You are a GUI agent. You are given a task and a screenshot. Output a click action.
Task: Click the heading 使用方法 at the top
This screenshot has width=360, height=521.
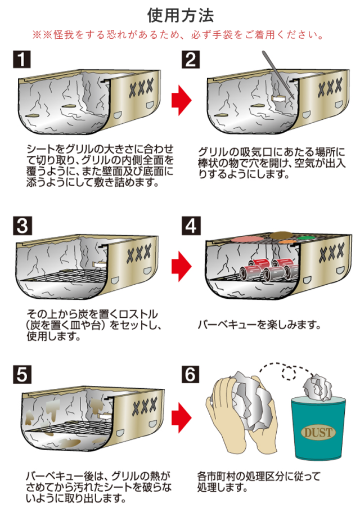(180, 14)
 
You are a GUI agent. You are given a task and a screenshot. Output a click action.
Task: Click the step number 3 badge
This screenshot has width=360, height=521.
(21, 226)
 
